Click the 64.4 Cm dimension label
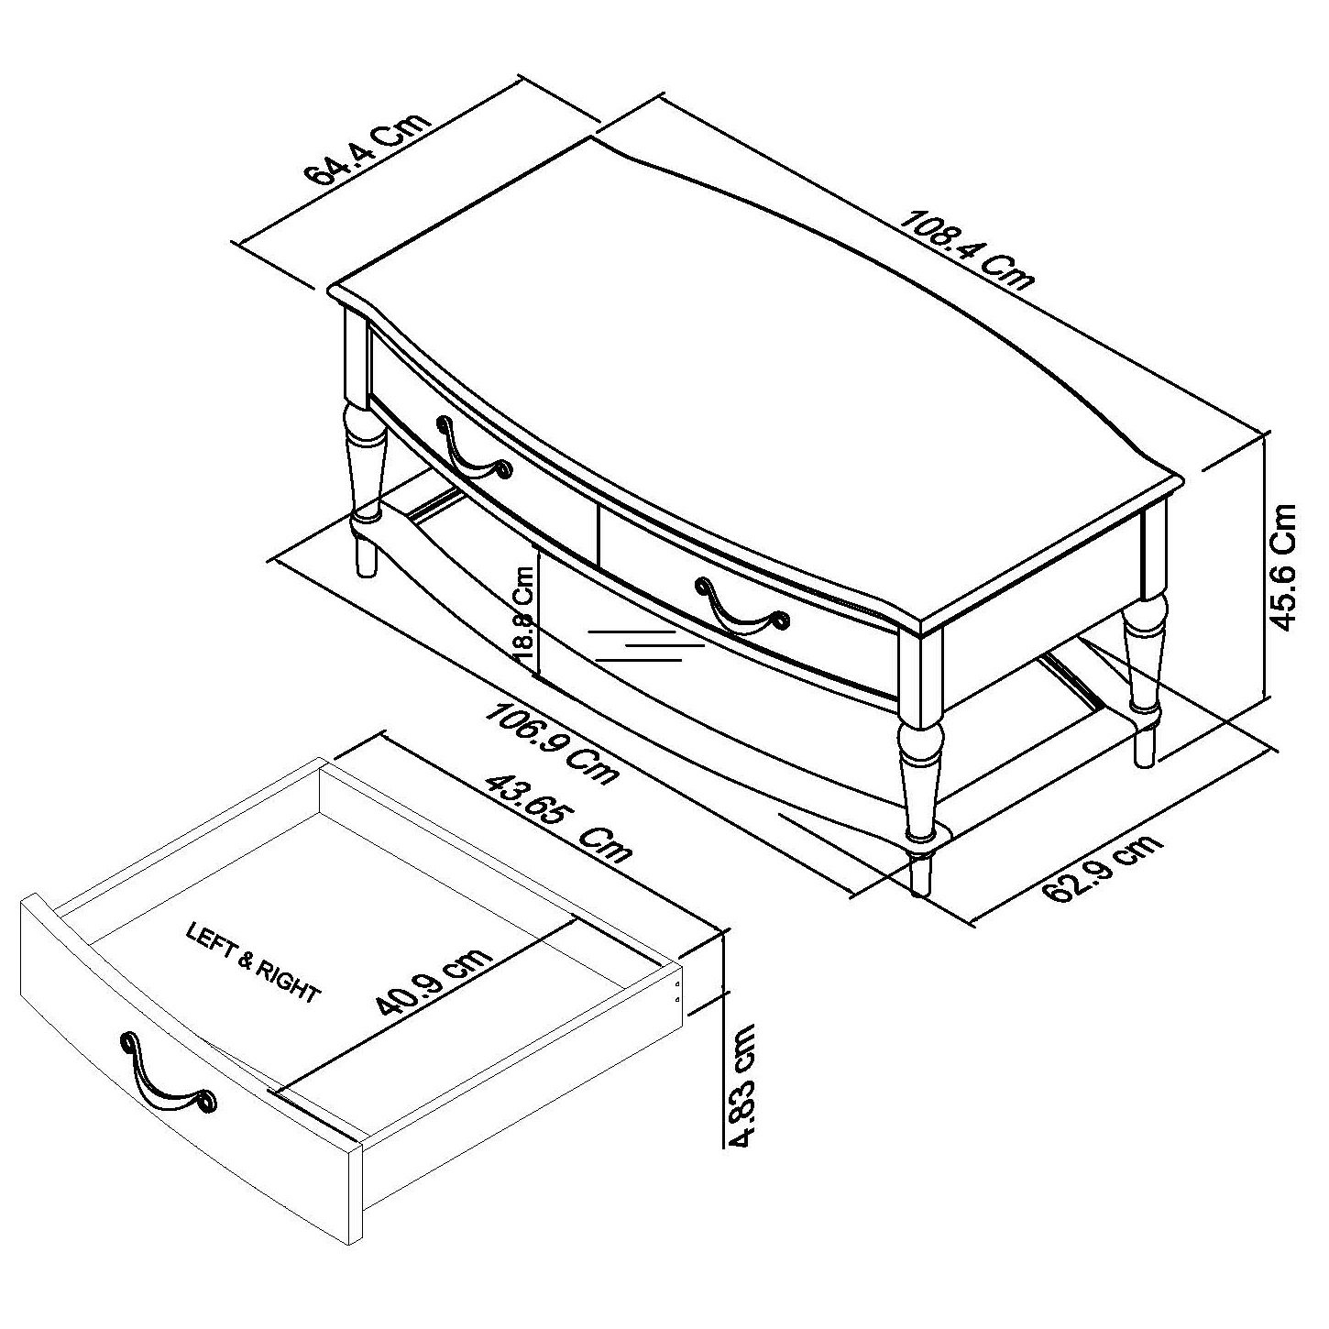[x=371, y=151]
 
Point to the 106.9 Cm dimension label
[x=553, y=743]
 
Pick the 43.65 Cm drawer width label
[x=558, y=818]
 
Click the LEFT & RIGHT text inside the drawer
[x=253, y=963]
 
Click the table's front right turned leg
[x=919, y=770]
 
